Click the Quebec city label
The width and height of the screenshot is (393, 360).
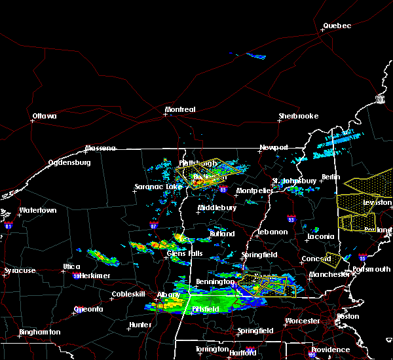coord(337,26)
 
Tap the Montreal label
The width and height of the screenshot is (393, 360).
coord(180,109)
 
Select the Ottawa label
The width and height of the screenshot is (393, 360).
coord(44,117)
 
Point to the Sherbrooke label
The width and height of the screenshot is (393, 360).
coord(298,116)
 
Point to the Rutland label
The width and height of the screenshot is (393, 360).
coord(221,233)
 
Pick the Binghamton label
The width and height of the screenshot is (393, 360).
coord(39,332)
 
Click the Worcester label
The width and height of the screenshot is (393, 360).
coord(303,321)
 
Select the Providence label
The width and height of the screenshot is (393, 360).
coord(331,350)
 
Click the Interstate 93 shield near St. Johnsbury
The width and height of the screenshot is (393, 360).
coord(291,219)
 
